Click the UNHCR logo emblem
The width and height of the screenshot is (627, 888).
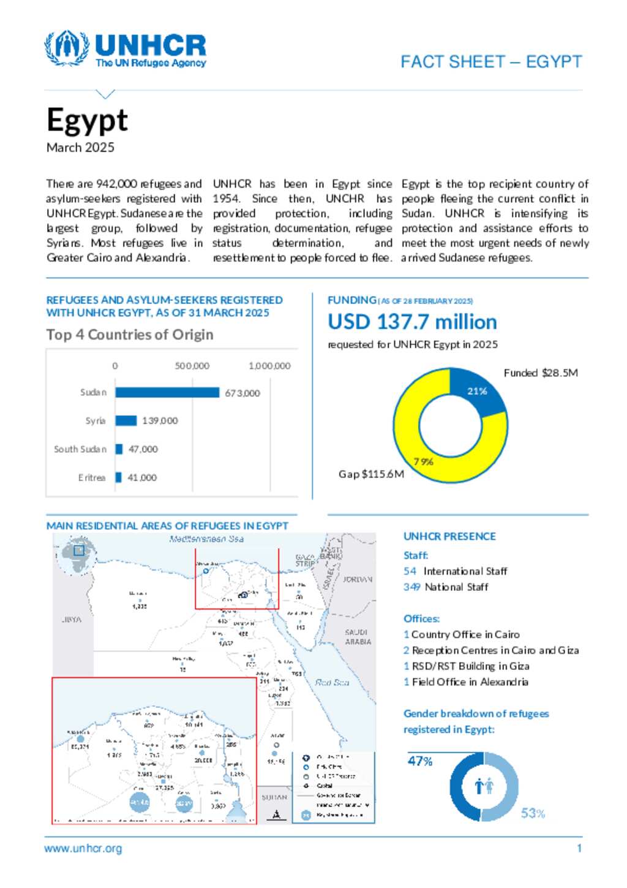67,48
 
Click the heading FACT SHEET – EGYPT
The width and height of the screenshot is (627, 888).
491,62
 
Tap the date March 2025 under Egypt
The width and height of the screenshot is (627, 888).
80,148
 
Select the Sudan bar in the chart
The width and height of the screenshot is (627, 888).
167,392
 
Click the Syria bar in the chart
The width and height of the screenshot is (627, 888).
126,420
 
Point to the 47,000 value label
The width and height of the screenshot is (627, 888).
143,449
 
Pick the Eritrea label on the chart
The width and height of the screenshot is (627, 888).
92,477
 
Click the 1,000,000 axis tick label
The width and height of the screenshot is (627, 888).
269,366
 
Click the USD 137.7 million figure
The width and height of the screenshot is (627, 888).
412,322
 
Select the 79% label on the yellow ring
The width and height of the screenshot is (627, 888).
423,461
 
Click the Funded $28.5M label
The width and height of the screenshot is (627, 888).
541,373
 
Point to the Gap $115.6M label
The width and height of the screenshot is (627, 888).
371,474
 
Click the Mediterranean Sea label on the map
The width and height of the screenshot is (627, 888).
206,539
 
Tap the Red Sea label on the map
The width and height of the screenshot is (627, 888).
332,682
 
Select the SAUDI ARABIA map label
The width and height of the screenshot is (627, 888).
358,637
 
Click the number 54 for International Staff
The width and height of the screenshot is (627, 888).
410,571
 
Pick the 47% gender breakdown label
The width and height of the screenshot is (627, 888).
420,761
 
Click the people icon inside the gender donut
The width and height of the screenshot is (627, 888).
484,786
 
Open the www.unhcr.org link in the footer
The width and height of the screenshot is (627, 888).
83,849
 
